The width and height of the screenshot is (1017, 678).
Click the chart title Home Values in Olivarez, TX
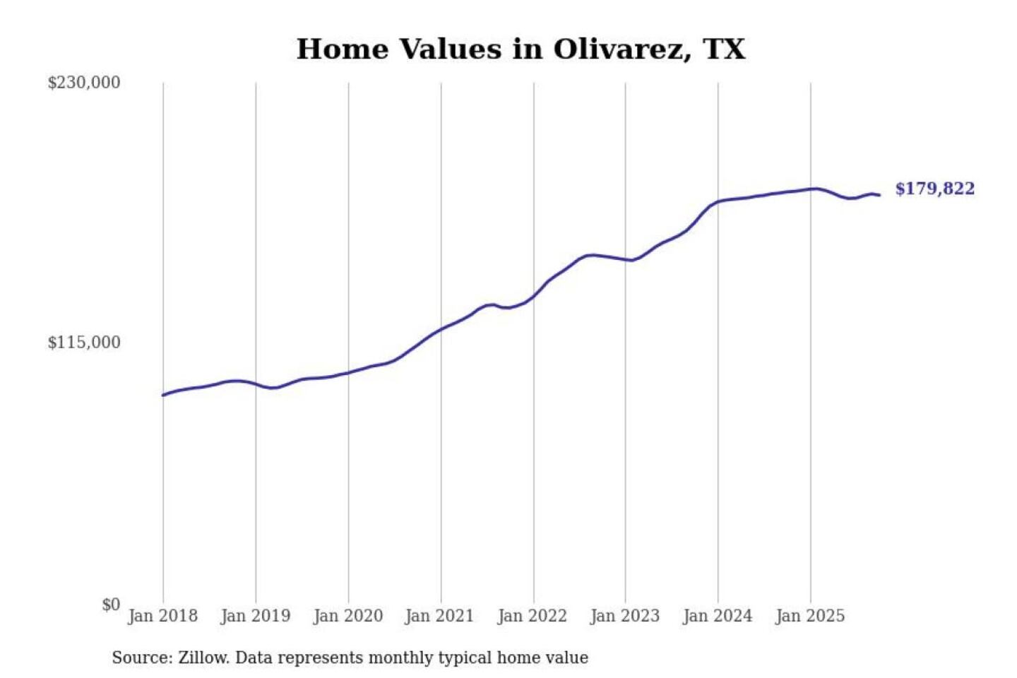coord(521,49)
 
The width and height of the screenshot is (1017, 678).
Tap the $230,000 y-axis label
coord(83,83)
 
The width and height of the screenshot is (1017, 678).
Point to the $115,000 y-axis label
coord(83,343)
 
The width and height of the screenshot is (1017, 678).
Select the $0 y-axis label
coord(110,605)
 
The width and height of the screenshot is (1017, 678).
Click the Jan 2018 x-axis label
coord(162,616)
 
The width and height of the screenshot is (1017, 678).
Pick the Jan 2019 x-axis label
coord(255,616)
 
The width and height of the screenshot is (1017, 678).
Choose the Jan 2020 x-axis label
coord(347,616)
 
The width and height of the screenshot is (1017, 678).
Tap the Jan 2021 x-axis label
coord(439,616)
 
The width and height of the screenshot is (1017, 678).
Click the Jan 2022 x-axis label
coord(532,616)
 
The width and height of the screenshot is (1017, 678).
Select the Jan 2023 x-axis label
coord(624,616)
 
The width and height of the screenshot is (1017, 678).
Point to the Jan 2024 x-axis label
coord(717,616)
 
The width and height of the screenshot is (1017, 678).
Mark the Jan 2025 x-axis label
coord(809,616)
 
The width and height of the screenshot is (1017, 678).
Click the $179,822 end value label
coord(934,189)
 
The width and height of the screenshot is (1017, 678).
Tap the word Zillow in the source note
coord(203,658)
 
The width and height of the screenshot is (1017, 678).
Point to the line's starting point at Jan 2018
coord(163,395)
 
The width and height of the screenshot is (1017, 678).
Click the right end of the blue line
coord(879,195)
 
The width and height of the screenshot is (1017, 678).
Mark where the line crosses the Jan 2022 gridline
coord(534,296)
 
